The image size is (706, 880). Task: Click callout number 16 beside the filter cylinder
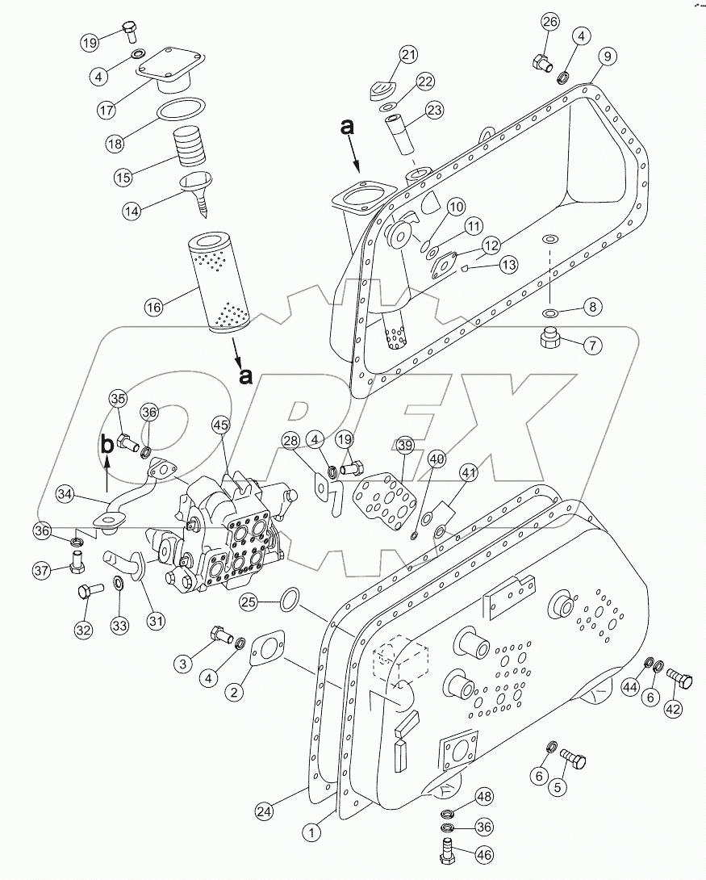[x=153, y=306]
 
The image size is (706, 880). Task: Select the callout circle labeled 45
[x=221, y=424]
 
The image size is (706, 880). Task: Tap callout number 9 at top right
[x=608, y=56]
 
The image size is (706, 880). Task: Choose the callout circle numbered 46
[x=483, y=854]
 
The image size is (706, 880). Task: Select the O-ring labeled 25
[x=289, y=599]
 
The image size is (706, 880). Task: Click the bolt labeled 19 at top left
[x=129, y=32]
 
